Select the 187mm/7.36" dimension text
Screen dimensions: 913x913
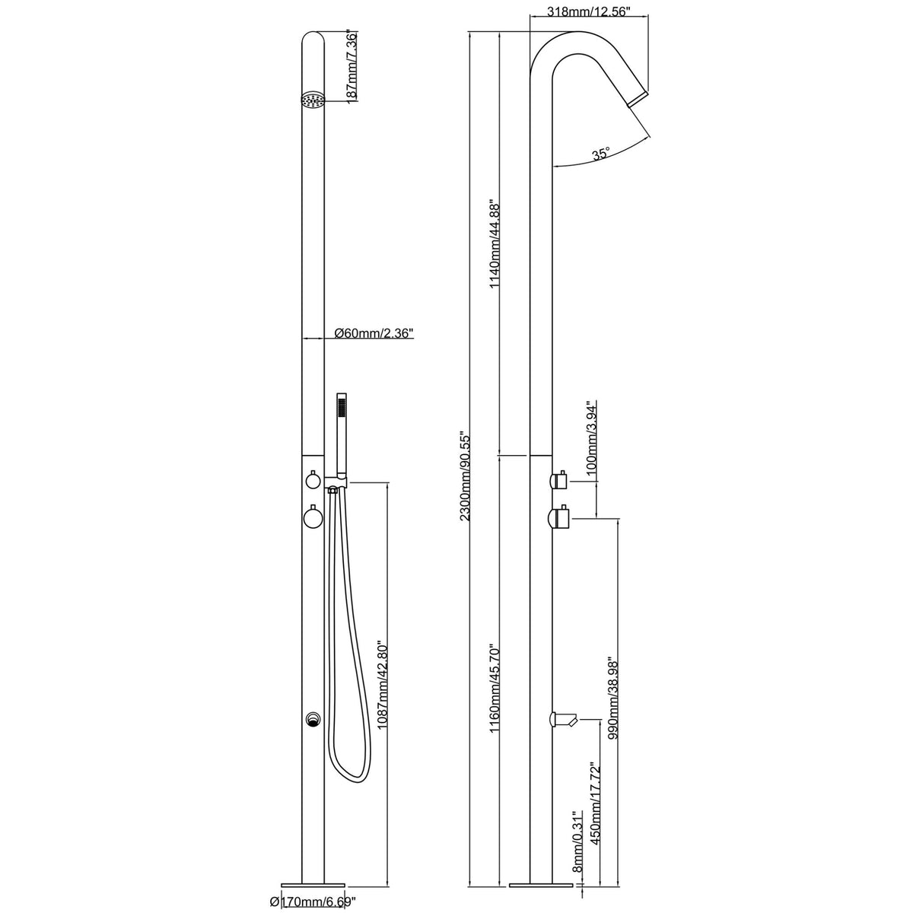pos(352,67)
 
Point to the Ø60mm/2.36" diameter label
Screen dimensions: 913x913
pos(373,332)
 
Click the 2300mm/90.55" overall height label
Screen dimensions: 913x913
pos(466,476)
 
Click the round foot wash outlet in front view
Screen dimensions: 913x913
pos(312,719)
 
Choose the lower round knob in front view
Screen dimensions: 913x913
pos(313,519)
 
